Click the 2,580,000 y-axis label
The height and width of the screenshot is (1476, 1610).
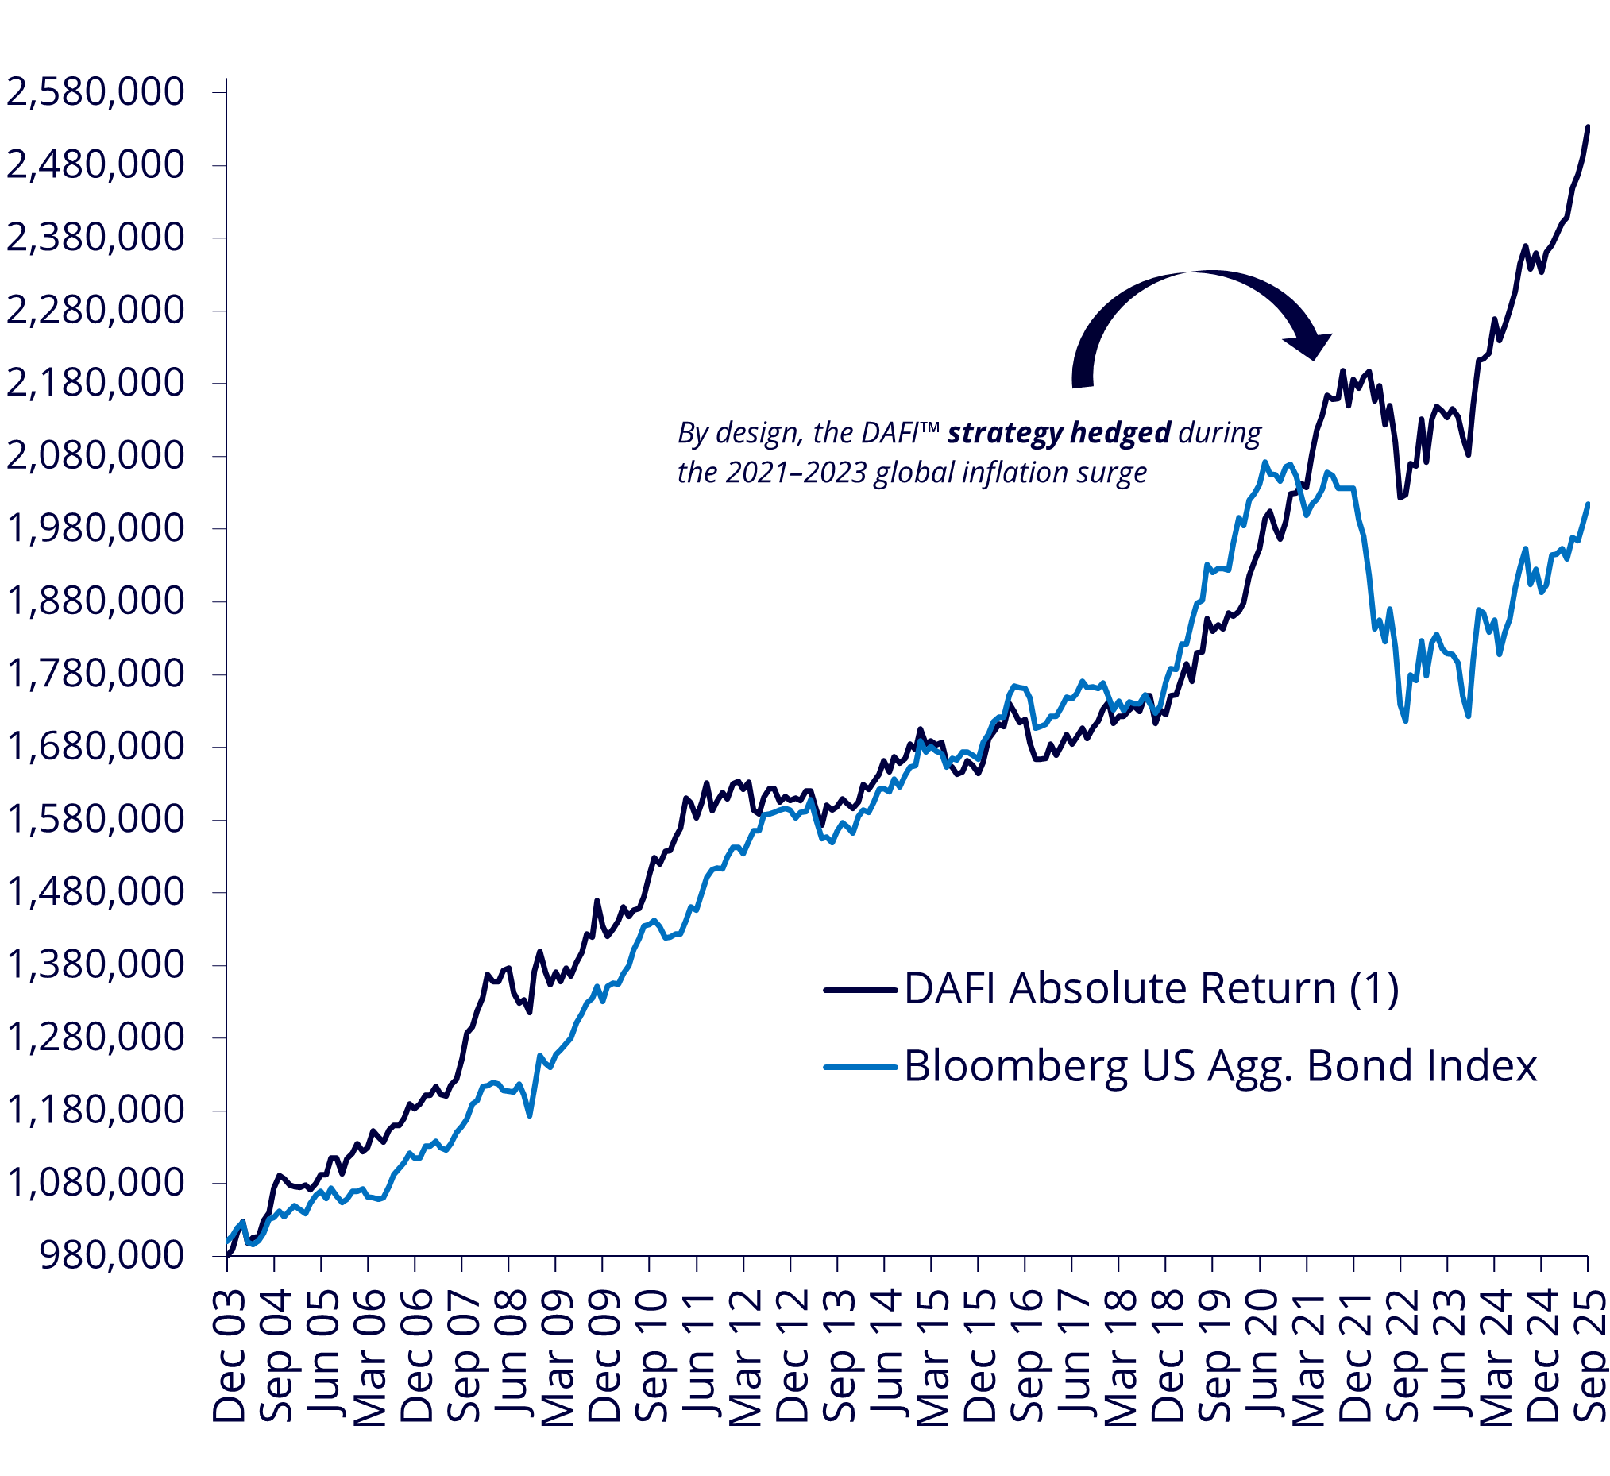[95, 92]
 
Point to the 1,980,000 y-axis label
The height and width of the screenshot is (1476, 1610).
[95, 529]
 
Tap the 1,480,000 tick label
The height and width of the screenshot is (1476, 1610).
[95, 892]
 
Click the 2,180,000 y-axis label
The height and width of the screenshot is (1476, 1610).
[95, 384]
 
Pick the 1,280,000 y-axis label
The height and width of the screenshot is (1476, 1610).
[95, 1037]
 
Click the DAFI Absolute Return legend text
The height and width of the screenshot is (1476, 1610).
[1151, 989]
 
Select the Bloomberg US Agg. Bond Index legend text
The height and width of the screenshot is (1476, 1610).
[1220, 1065]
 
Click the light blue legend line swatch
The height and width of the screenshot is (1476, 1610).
[860, 1066]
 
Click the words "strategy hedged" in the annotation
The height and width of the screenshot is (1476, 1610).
[1059, 433]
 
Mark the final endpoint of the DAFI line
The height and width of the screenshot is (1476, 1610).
[1588, 126]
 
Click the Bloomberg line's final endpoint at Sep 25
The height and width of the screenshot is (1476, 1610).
[1588, 504]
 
